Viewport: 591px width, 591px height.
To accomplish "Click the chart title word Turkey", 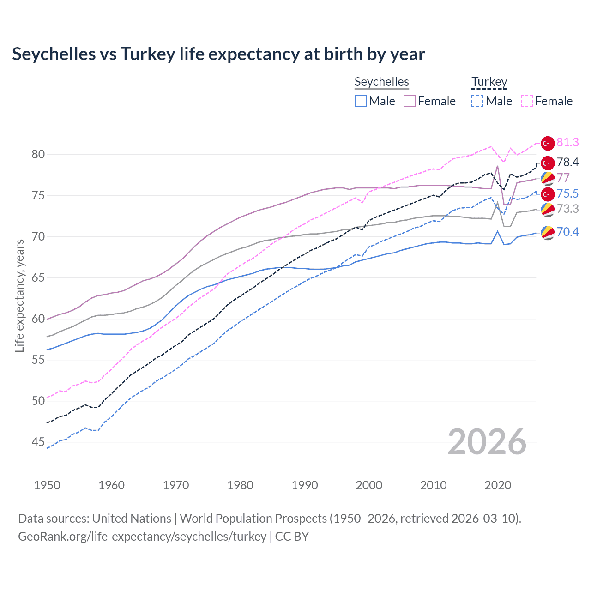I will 148,54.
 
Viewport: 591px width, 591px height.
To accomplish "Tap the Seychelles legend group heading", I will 381,82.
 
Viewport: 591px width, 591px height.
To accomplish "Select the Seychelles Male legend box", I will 361,101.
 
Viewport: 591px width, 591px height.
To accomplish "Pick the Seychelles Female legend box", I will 410,101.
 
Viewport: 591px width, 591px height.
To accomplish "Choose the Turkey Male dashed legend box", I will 477,101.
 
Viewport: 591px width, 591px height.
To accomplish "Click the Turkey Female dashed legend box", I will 527,101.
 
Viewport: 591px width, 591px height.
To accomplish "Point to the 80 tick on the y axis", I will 38,154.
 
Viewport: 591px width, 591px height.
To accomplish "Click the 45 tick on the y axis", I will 38,442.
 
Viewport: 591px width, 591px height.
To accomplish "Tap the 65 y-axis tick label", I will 38,277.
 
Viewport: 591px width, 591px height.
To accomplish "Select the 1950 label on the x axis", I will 47,485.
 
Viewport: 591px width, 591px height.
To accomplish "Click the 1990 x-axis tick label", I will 305,485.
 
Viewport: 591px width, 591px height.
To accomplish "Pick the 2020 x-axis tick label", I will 498,485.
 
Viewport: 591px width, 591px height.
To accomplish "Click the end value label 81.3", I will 567,142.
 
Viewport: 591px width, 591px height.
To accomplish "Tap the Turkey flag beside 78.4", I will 548,163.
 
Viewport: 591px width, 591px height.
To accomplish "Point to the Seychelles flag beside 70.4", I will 548,232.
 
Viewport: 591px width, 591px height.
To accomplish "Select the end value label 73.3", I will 567,209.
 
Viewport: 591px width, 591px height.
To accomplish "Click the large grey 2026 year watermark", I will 487,442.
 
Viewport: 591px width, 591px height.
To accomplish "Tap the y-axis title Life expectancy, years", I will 19,295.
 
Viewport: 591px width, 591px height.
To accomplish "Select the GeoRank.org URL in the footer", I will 142,537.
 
